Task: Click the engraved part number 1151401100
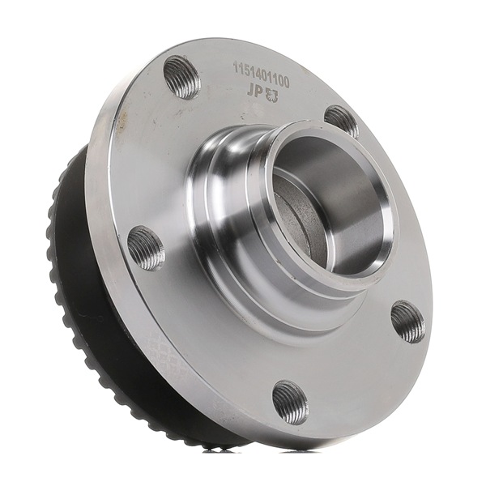262,75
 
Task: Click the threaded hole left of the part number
182,76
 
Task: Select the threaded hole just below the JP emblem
341,121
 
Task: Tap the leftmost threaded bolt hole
146,248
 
